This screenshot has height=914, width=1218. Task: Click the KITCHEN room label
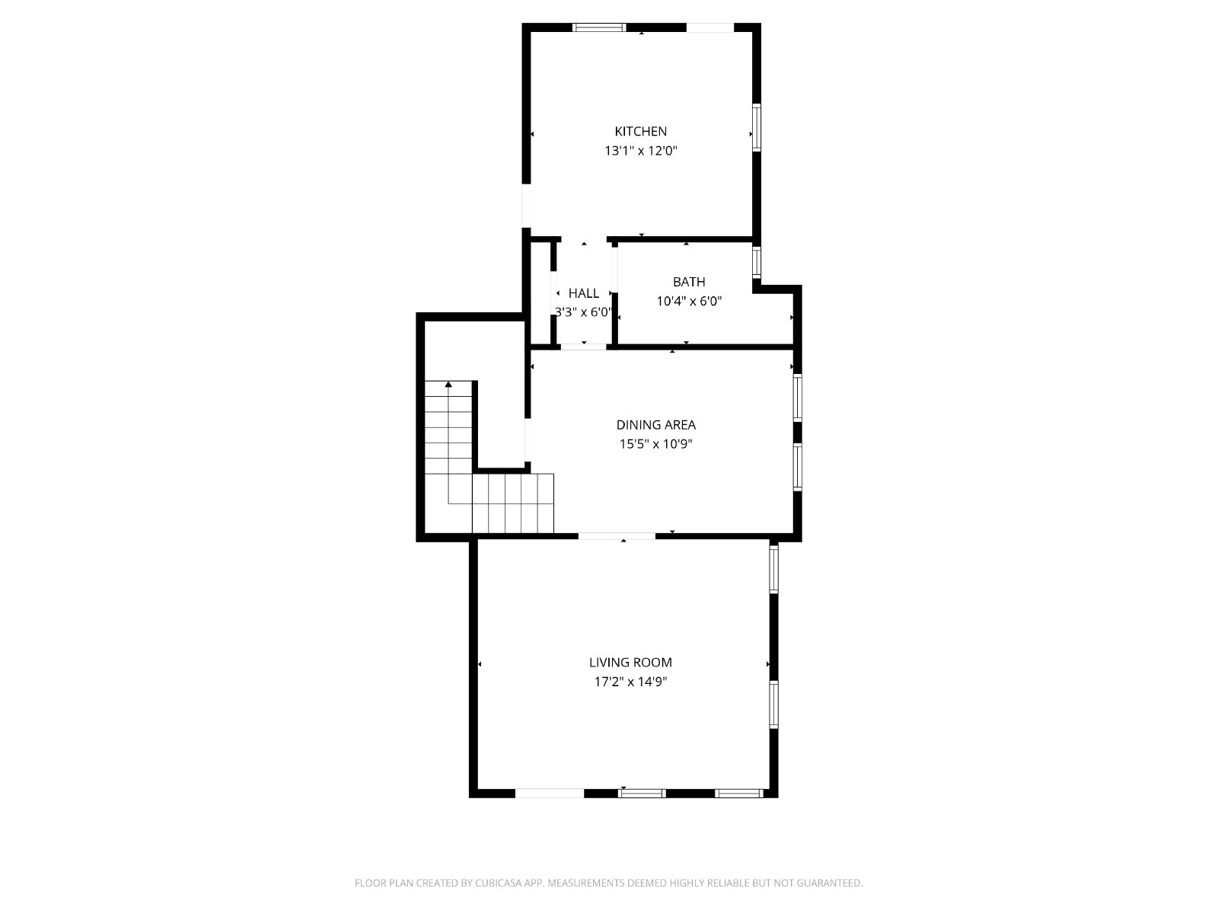[640, 132]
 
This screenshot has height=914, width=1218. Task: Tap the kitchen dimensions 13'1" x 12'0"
[641, 151]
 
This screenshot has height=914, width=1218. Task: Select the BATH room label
[689, 282]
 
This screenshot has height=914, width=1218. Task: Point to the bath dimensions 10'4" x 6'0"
[689, 302]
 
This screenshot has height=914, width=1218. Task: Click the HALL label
[584, 293]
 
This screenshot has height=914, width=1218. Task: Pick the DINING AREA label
[656, 425]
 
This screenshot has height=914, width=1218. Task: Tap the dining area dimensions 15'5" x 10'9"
[656, 444]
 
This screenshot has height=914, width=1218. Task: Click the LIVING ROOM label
[630, 663]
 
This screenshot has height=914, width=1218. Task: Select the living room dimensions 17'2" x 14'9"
[630, 682]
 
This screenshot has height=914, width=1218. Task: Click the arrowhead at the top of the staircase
[448, 384]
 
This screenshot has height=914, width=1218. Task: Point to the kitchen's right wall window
[757, 127]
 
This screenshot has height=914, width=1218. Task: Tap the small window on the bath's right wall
[757, 262]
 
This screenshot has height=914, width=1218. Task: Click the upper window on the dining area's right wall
[797, 398]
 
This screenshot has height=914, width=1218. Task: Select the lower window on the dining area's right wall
[797, 467]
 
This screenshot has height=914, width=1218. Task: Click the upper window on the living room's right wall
[773, 569]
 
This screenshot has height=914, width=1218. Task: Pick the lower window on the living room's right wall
[773, 705]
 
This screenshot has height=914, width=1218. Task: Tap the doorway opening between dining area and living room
[617, 536]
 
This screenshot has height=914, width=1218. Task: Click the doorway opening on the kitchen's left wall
[527, 206]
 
